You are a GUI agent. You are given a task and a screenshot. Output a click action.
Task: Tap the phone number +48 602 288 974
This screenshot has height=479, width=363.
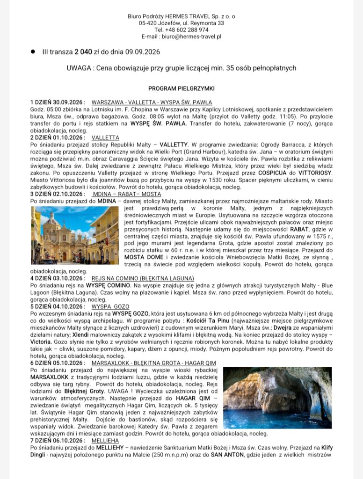(188, 29)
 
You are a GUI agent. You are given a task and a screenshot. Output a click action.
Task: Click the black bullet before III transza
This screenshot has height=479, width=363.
(33, 51)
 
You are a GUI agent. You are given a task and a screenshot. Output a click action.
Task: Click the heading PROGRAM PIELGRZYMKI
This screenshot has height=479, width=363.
(181, 88)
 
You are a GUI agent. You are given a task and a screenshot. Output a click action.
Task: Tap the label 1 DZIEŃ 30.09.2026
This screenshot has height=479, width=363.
(58, 102)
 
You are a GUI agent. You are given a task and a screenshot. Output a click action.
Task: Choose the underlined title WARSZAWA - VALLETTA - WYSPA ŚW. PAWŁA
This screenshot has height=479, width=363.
(152, 102)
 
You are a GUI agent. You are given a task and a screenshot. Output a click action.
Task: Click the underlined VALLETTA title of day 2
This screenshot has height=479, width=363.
(105, 138)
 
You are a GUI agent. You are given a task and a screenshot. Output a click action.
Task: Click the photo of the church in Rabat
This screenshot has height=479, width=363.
(75, 235)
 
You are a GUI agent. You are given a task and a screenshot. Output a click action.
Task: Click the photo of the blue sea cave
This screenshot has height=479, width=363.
(270, 398)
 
